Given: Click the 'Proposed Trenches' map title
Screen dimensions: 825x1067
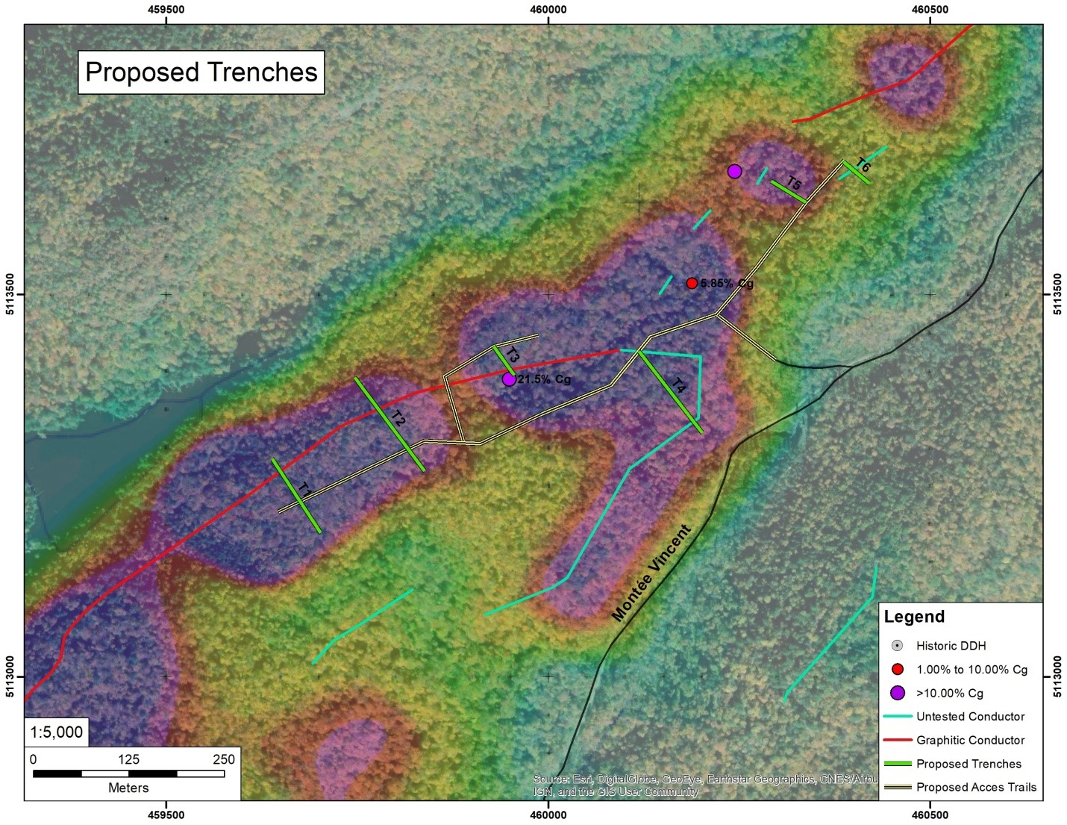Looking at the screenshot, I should [201, 72].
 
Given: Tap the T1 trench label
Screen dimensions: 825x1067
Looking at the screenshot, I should [305, 491].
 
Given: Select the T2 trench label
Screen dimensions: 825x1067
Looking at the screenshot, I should [398, 419].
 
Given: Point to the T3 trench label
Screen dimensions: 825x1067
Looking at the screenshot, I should [513, 355].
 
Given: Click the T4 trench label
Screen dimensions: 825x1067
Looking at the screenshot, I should [679, 386].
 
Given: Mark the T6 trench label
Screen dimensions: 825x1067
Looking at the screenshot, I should [863, 165].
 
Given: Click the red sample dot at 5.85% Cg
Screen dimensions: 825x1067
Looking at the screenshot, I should [692, 284].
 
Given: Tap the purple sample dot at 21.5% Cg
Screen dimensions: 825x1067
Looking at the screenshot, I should [509, 379].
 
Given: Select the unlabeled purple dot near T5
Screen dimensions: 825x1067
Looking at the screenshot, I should [735, 172].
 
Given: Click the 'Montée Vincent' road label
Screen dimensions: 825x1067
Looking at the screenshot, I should [651, 573].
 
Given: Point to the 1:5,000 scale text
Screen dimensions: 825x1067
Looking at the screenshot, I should [57, 732].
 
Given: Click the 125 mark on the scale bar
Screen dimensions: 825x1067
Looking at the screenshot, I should [128, 759].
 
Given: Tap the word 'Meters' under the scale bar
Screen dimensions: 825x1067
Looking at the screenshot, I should [128, 788].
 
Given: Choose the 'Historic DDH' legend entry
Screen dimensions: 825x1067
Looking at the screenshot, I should [951, 646].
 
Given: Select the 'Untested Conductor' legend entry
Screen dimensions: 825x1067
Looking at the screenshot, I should [970, 717].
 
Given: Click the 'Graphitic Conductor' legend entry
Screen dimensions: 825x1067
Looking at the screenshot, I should [970, 740].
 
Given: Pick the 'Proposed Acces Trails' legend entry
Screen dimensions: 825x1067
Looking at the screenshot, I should [976, 787].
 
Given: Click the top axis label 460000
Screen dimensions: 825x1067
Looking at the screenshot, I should [548, 10].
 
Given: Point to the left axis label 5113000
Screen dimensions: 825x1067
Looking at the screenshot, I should [10, 677].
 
